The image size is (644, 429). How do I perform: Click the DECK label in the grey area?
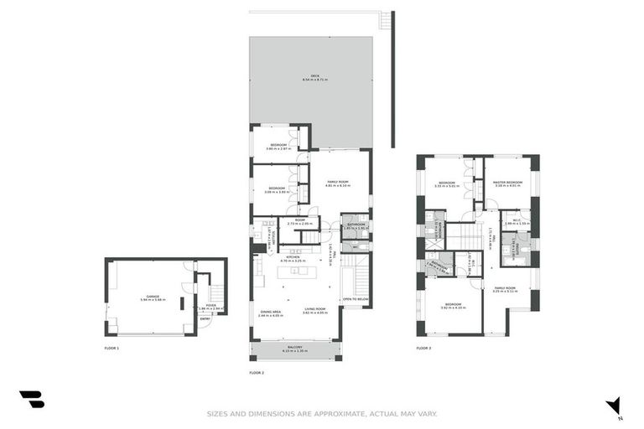point(315,76)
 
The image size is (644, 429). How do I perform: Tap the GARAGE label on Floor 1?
point(152,297)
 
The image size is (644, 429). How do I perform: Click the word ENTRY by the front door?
point(205,318)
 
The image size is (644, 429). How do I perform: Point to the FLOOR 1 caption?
point(112,348)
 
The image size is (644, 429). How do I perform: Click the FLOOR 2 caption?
point(257,372)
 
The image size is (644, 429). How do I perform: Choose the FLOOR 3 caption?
point(423,348)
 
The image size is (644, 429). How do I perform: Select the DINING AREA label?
point(270,312)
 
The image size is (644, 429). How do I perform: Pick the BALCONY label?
point(295,348)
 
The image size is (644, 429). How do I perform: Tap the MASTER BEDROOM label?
point(508,183)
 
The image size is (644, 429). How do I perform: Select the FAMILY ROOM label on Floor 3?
point(506,289)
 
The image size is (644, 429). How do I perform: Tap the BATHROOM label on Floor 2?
point(355,225)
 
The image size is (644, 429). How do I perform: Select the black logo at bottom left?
point(32,400)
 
